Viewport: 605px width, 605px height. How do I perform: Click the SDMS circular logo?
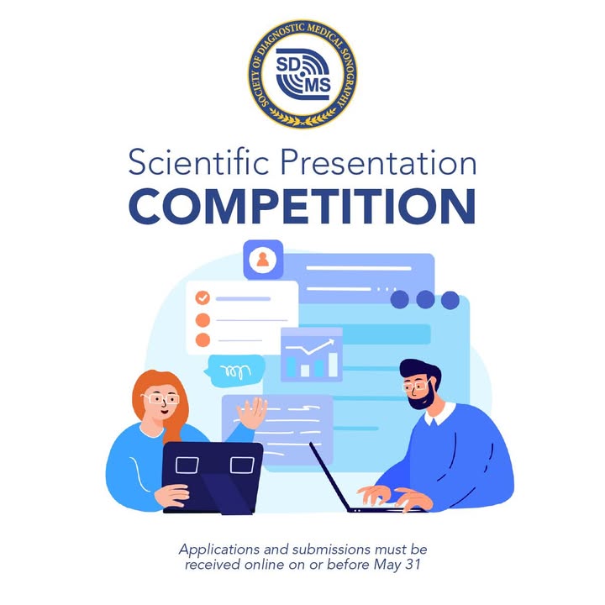302,73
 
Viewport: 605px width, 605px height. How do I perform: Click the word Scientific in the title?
198,162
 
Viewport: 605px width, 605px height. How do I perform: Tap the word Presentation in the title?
378,162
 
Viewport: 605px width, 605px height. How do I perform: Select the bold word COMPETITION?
302,206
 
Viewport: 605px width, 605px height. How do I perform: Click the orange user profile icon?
263,260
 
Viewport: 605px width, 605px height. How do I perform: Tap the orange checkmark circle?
203,297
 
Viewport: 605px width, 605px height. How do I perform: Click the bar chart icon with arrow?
312,355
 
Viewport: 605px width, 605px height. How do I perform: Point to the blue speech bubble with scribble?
234,371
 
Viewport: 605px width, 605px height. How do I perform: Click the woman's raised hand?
252,413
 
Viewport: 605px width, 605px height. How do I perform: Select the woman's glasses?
160,399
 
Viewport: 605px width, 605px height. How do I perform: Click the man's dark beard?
422,397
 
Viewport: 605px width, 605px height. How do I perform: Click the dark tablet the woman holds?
213,477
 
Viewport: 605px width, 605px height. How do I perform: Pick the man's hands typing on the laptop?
395,497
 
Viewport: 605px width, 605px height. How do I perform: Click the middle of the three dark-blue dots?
425,299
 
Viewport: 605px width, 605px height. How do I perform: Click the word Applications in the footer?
219,550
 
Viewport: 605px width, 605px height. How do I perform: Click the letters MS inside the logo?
318,85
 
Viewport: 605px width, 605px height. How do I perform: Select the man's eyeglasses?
416,385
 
